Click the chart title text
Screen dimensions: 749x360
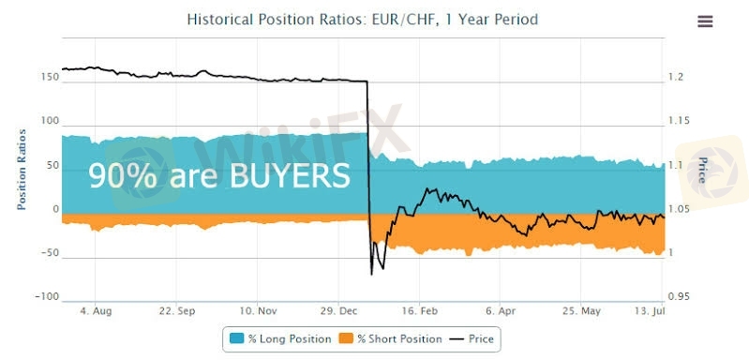pos(362,20)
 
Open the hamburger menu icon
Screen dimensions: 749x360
pos(705,21)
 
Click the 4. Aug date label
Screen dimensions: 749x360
pos(96,311)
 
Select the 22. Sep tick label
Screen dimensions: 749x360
pos(176,311)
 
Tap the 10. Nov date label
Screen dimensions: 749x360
pos(258,311)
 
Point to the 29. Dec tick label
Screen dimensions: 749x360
pos(338,311)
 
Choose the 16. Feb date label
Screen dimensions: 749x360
pos(419,311)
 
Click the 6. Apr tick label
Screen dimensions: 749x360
pos(501,311)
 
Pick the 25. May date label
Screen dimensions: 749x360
pos(581,311)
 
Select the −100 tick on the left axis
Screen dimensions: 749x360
pos(47,297)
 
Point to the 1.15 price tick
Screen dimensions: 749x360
pos(680,121)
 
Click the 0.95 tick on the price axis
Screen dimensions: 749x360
pos(680,297)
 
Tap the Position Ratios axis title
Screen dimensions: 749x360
pos(22,170)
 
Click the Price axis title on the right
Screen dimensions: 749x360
pos(702,170)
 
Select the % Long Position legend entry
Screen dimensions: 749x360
pos(281,339)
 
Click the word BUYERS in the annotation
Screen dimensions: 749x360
pos(290,175)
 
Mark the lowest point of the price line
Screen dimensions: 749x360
pos(371,275)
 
